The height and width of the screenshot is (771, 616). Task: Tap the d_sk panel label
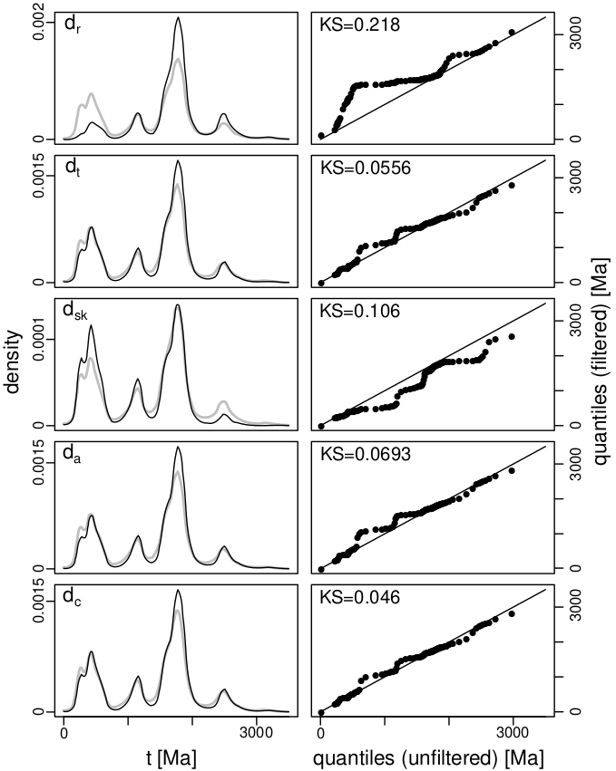coord(73,312)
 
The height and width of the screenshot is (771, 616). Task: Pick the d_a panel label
coord(71,455)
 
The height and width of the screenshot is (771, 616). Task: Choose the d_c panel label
coord(71,598)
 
